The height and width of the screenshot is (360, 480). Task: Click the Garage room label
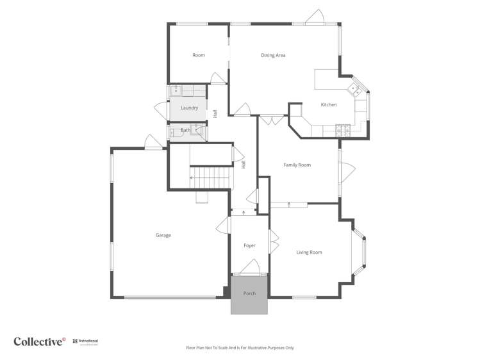[x=163, y=235]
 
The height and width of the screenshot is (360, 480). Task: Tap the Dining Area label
[x=273, y=56]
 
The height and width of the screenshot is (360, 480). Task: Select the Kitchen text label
[x=329, y=105]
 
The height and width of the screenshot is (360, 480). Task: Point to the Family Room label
[x=297, y=165]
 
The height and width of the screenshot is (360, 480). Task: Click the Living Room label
[x=309, y=252]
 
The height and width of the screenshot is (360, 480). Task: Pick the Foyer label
[x=249, y=246]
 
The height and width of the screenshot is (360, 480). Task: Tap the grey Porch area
[x=249, y=295]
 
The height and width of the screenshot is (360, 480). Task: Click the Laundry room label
[x=189, y=108]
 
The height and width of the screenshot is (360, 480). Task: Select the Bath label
[x=185, y=131]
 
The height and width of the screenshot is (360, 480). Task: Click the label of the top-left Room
[x=199, y=56]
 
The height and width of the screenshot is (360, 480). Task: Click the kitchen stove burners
[x=342, y=131]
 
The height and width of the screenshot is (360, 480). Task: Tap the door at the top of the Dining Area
[x=314, y=17]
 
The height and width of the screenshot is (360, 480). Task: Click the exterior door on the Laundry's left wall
[x=160, y=108]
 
